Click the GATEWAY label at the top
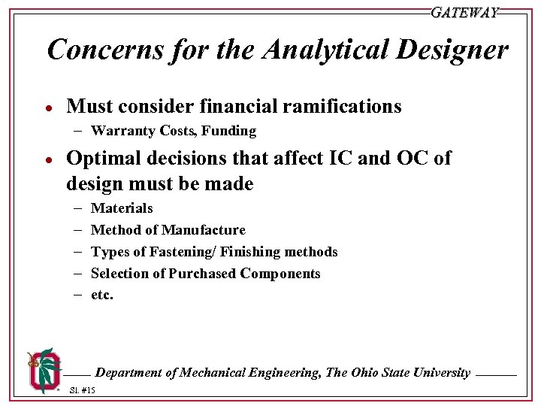click(464, 13)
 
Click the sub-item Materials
click(122, 208)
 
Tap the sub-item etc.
click(101, 295)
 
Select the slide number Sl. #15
click(82, 390)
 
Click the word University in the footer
click(439, 373)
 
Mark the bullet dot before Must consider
click(47, 108)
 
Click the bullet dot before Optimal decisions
click(47, 159)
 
